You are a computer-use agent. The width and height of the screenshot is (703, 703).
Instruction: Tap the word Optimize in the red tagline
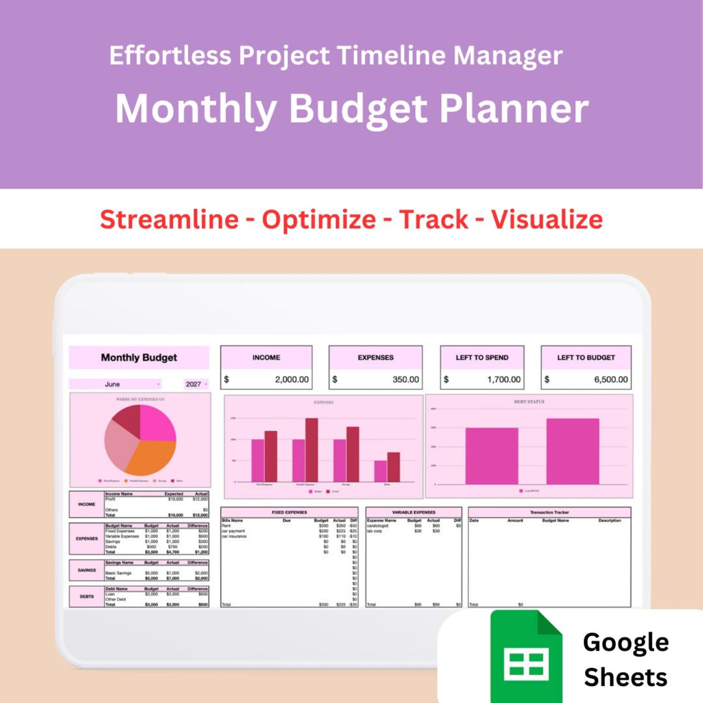319,220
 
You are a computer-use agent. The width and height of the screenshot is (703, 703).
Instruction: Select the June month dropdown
115,384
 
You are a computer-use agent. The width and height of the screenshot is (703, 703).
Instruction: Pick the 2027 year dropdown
195,384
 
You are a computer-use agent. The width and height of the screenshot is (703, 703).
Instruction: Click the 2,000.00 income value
291,379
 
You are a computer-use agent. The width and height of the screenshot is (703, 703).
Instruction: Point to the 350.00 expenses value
405,379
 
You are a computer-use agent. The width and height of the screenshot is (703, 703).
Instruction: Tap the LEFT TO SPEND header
482,358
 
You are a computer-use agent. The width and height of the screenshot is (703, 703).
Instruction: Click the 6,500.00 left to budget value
610,379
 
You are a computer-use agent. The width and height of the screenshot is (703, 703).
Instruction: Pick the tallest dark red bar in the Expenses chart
311,450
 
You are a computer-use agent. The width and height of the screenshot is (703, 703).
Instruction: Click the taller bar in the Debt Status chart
572,451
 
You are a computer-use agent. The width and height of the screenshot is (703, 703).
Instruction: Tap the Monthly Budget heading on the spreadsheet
139,358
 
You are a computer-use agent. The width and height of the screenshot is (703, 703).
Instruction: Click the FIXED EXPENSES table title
289,512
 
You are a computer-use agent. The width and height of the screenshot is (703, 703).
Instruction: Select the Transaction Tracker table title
549,512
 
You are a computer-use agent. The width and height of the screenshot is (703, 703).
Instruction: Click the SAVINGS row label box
87,570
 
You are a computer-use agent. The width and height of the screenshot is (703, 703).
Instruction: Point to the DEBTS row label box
87,596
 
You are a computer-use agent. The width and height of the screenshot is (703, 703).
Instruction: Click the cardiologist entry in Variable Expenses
378,525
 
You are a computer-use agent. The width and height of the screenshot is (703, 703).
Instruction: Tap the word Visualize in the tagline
546,220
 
